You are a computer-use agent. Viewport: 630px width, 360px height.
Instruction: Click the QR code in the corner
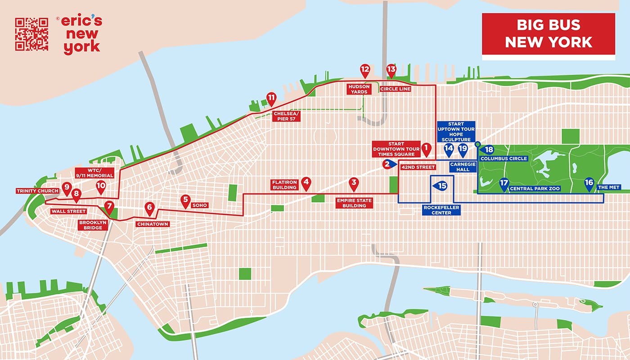[x=31, y=34]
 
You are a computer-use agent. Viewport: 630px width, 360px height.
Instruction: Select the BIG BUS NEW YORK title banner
[x=548, y=35]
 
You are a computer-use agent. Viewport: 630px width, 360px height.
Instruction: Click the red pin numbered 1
[x=426, y=148]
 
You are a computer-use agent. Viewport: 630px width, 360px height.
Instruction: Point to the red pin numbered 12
[x=365, y=70]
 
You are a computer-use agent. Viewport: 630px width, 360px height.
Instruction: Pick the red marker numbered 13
[x=391, y=70]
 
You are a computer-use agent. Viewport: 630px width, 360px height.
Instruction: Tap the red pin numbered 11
[x=271, y=98]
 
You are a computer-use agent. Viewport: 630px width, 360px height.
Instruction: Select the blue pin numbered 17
[x=504, y=183]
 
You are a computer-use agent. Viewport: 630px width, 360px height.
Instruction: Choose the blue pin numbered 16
[x=589, y=183]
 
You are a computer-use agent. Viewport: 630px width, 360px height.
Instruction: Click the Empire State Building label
[x=354, y=202]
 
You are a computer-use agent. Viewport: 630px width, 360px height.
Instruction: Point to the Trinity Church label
[x=38, y=191]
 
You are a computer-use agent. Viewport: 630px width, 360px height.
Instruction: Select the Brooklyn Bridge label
[x=94, y=225]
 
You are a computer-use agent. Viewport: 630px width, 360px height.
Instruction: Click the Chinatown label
[x=153, y=224]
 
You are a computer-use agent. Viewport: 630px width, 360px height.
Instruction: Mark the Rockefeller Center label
[x=441, y=210]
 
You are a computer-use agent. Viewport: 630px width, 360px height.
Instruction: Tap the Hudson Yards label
[x=358, y=89]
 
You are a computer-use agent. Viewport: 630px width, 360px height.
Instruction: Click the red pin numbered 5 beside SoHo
[x=185, y=201]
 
